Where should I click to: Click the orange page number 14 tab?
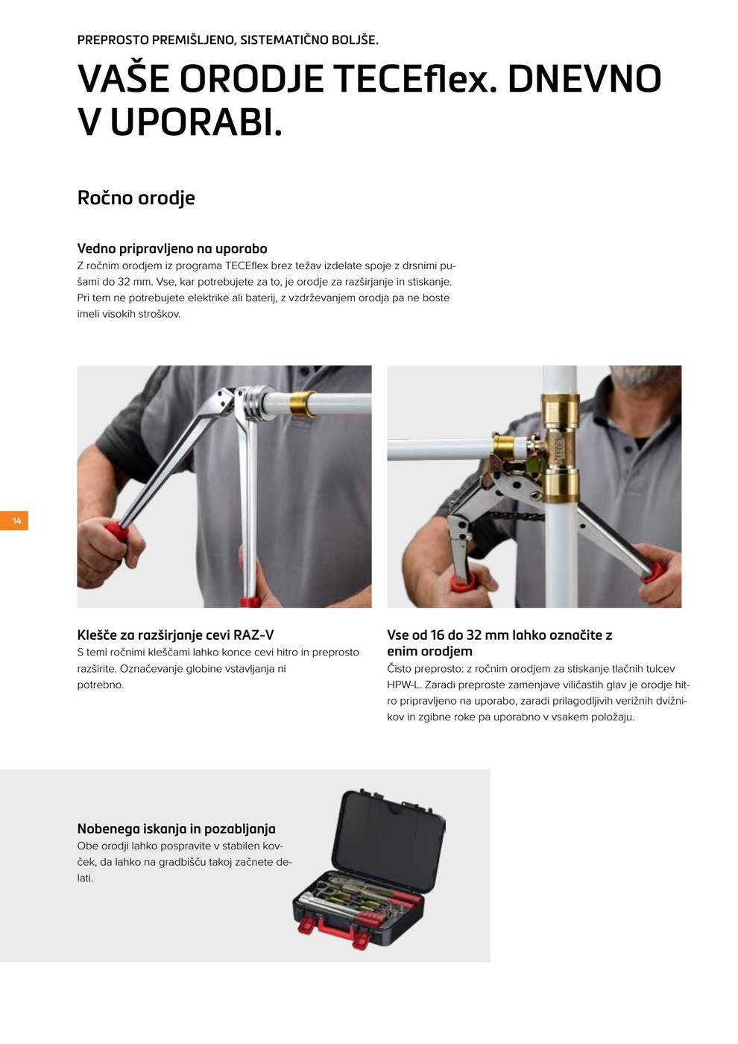(x=14, y=521)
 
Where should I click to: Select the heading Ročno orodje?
(x=136, y=198)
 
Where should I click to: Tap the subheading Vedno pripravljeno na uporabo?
(x=172, y=248)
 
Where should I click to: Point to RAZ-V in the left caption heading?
(x=253, y=635)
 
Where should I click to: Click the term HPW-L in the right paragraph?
(x=403, y=685)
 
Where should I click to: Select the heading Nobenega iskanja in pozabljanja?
(x=177, y=828)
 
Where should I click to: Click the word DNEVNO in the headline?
(x=584, y=79)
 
